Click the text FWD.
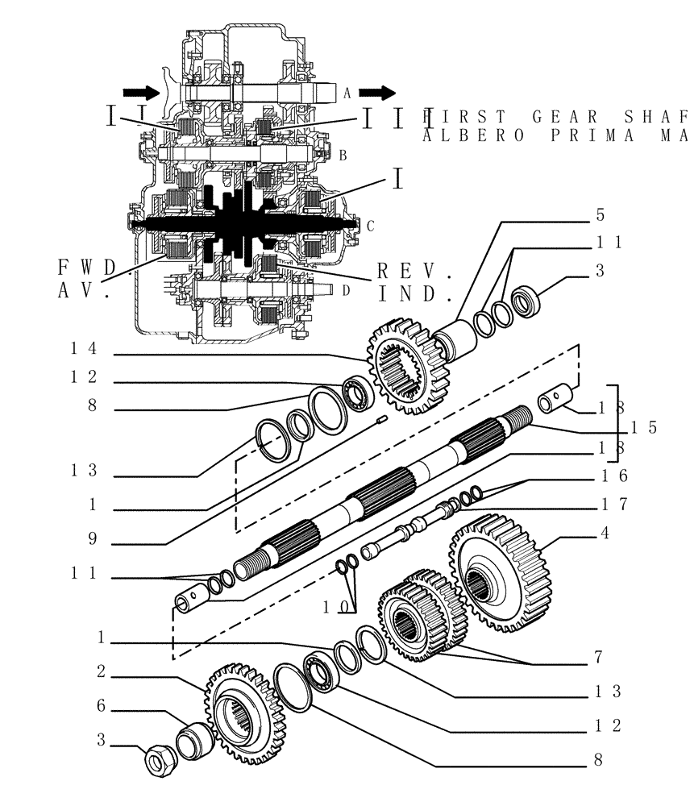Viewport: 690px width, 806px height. pyautogui.click(x=89, y=267)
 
